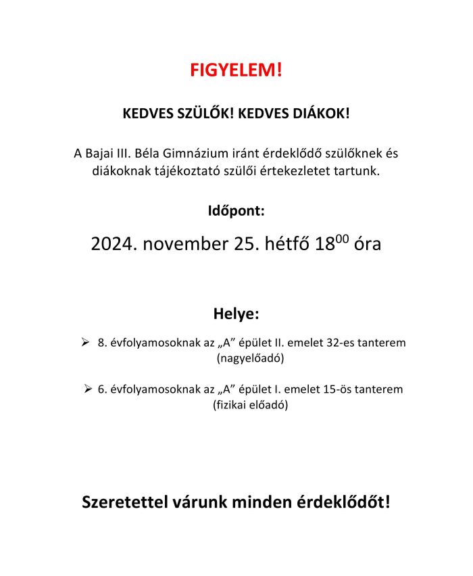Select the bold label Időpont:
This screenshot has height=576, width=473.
pyautogui.click(x=236, y=210)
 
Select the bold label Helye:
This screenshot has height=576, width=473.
pyautogui.click(x=236, y=314)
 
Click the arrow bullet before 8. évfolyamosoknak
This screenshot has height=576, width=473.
pyautogui.click(x=86, y=343)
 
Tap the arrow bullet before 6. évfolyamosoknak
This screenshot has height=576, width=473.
pyautogui.click(x=89, y=389)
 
